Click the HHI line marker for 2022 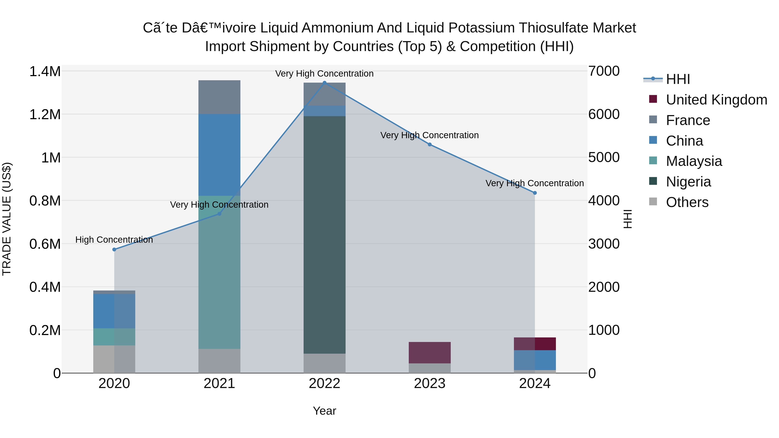tap(325, 83)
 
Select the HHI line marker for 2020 tap(114, 249)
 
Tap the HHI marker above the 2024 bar tap(535, 193)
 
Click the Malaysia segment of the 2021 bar tap(219, 272)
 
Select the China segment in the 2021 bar tap(219, 155)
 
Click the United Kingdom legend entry tap(716, 100)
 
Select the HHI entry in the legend tap(678, 79)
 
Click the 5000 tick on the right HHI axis tap(604, 157)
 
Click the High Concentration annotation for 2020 tap(114, 240)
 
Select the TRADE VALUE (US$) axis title tap(7, 219)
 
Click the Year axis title tap(325, 411)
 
